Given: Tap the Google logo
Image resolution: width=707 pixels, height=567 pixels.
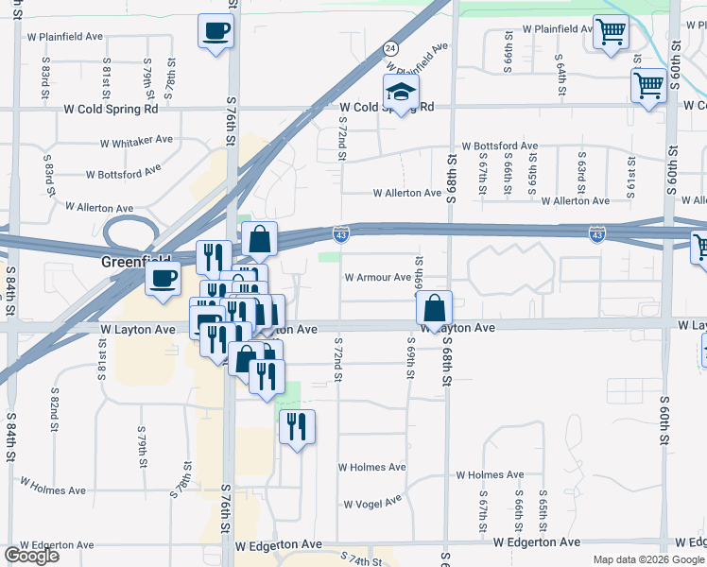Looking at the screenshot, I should coord(31,556).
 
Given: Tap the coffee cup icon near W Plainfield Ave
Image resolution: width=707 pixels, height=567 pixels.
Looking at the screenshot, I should coord(216,31).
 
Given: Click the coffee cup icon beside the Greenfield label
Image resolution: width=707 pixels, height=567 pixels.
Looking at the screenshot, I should coord(164,278).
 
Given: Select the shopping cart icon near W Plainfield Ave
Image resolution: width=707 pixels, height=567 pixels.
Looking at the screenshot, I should coord(611,31).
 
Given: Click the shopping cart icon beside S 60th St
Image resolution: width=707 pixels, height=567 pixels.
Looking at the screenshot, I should coord(649,85).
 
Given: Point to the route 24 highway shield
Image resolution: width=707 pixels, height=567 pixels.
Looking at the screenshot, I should coord(390,47).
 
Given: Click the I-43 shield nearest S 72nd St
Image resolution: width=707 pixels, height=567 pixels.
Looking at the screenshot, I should coord(340,232).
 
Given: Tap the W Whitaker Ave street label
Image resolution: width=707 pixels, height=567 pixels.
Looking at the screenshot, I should coord(137,140).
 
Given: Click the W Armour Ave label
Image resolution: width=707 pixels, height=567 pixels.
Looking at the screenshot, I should coord(377,278).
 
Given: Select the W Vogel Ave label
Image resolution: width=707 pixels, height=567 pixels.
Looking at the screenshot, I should coord(371,504).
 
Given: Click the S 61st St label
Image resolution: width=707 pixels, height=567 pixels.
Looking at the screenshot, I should coord(631,167).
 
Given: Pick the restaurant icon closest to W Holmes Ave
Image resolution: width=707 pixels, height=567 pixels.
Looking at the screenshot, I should coord(298,426).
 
